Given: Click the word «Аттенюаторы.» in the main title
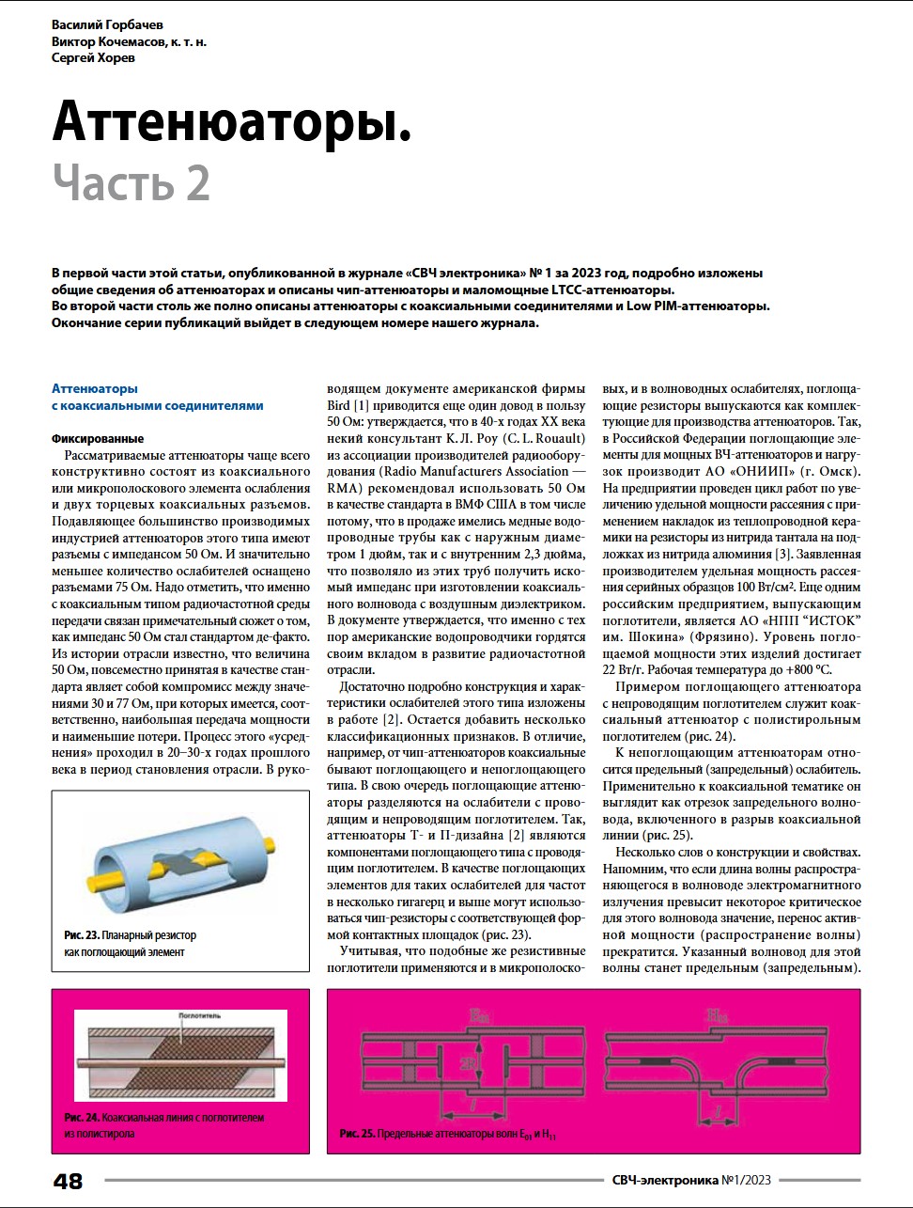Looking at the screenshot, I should (232, 121).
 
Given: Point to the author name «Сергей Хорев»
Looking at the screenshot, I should (93, 58).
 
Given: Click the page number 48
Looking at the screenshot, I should (69, 1181).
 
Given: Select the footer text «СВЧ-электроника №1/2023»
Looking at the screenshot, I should (690, 1180).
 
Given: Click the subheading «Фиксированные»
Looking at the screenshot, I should (98, 439).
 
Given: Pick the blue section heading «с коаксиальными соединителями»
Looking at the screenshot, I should (157, 406).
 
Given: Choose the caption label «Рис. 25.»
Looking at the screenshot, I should (357, 1135).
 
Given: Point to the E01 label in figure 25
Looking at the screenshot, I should (479, 1015).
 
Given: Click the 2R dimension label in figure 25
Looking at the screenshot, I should (468, 1062).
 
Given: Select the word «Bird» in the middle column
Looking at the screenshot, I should (338, 405).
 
